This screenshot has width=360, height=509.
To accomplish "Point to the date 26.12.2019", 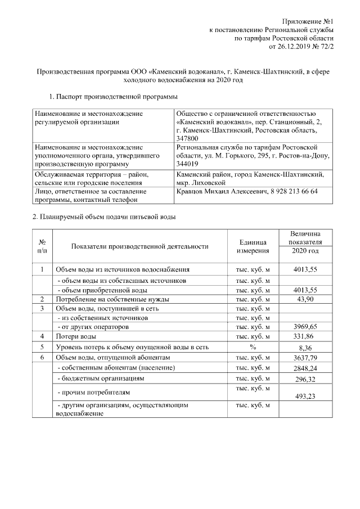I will coord(297,47).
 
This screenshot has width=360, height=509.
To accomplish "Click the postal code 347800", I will coord(187,138).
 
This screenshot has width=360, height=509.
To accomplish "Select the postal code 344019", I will coord(187,164).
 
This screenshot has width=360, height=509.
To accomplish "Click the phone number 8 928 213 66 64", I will coord(290,191).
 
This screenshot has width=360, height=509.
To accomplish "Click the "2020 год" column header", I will coord(305,250).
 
